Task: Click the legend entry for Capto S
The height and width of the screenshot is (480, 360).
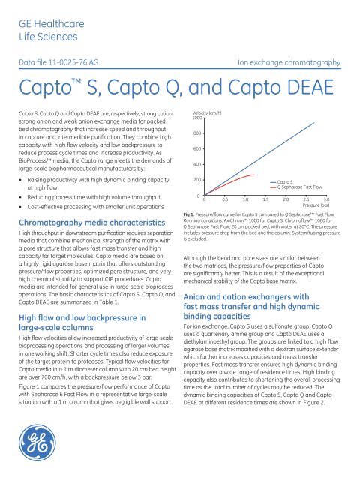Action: click(x=286, y=181)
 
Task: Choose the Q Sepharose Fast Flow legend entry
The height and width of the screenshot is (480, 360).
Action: click(x=299, y=187)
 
